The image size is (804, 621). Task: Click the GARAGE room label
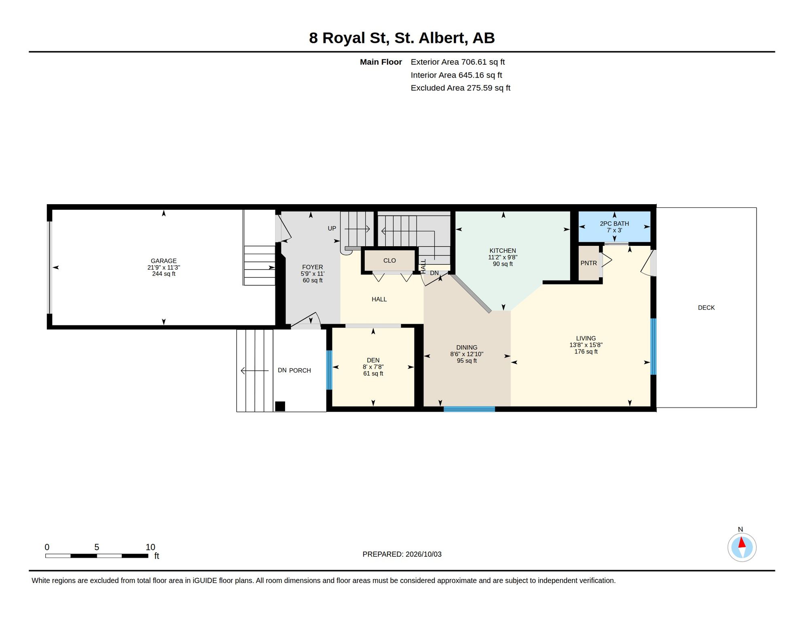click(163, 261)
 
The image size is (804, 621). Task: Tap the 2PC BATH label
click(614, 224)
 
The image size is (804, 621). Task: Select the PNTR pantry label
click(588, 263)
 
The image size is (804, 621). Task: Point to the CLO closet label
click(389, 261)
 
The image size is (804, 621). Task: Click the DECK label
click(706, 308)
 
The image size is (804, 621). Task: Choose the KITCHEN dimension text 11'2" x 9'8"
click(503, 257)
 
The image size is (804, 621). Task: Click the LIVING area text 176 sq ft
click(586, 352)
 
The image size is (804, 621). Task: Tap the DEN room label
click(373, 360)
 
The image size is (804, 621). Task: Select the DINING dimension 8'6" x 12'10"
click(467, 354)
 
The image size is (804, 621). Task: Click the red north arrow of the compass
click(742, 542)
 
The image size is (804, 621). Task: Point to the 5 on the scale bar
click(97, 547)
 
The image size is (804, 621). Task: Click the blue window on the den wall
click(329, 370)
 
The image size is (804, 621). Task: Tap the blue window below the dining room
click(469, 409)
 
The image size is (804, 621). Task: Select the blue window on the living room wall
click(653, 346)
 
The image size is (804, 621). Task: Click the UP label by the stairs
click(332, 228)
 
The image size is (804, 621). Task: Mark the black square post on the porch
click(280, 406)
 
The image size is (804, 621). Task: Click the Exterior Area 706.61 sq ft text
click(458, 62)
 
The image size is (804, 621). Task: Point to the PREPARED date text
click(402, 554)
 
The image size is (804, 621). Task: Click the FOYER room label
click(312, 267)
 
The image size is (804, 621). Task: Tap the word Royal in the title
click(344, 38)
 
